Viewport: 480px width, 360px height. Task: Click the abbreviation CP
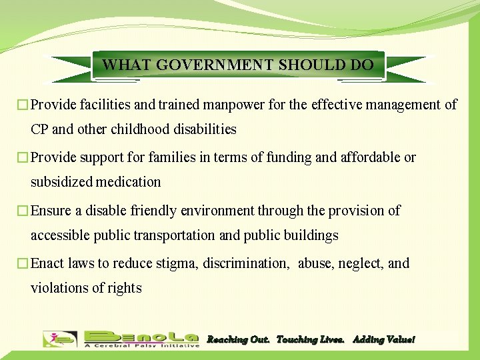pos(40,129)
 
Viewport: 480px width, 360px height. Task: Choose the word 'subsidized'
pos(63,182)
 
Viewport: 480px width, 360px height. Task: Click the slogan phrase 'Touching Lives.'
pos(311,340)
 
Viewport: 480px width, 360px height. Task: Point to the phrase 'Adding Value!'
pos(383,340)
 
